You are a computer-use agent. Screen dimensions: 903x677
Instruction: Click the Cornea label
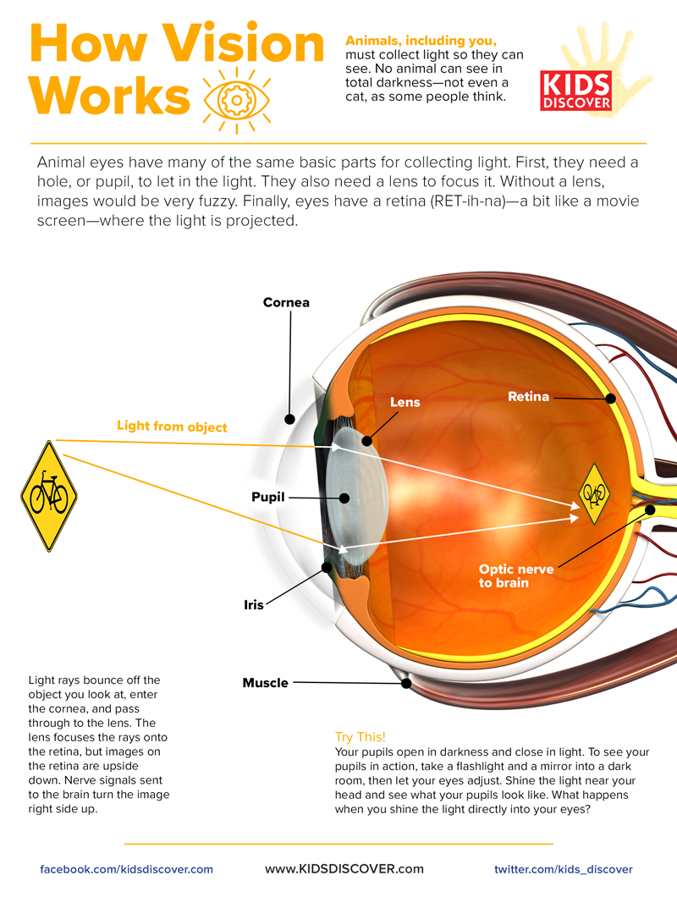point(286,302)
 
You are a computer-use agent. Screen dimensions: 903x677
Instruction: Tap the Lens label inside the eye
point(405,402)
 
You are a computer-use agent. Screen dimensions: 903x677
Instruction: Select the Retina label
point(528,396)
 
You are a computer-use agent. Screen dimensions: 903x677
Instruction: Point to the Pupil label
point(268,497)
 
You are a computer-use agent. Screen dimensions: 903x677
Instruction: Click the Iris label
point(254,605)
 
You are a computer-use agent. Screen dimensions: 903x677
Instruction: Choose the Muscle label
point(266,682)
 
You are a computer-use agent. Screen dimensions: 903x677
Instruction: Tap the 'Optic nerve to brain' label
point(516,575)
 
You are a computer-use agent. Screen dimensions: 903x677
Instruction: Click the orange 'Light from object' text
point(172,426)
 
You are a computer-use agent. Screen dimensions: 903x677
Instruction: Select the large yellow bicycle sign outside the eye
point(49,496)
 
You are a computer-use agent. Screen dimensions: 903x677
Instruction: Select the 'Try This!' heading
point(361,737)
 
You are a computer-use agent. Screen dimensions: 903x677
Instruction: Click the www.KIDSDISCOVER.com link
point(344,868)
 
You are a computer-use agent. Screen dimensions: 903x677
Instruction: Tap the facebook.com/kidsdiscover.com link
point(127,869)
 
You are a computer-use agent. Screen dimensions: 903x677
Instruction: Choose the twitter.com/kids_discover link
point(563,869)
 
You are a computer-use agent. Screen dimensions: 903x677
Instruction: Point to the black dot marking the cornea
point(289,418)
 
